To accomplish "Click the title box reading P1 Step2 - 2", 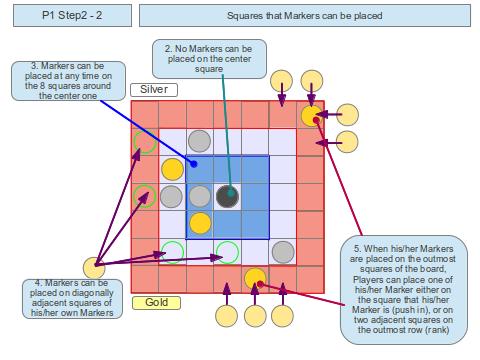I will coord(66,15).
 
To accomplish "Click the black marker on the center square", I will coord(228,196).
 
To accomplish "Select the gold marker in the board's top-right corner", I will coord(312,115).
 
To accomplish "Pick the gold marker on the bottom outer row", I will coord(255,278).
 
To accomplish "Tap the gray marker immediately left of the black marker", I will coord(200,196).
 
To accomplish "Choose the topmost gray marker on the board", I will coord(200,141).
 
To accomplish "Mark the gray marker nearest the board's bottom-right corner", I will coord(284,251).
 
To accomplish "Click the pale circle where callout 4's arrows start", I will coord(95,267).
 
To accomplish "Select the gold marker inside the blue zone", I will coord(200,223).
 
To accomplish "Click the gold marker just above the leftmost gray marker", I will coord(172,168).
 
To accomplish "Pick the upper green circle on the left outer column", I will coord(145,141).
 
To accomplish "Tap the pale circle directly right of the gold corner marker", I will coord(347,115).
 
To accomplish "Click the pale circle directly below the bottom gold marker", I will coord(255,318).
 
